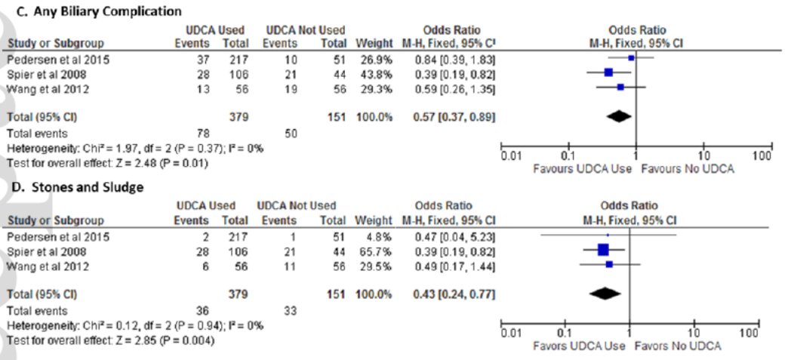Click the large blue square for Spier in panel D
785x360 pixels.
[x=602, y=250]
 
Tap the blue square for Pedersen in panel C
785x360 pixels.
[x=631, y=57]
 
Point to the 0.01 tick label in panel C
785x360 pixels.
[x=513, y=157]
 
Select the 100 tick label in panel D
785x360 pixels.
[x=749, y=334]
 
